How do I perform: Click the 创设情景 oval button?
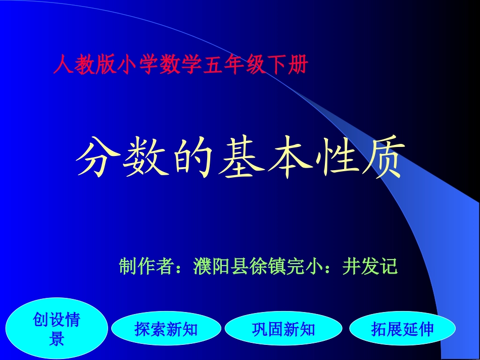pyautogui.click(x=57, y=329)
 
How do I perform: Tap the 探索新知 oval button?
pyautogui.click(x=166, y=330)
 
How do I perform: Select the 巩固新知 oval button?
pyautogui.click(x=283, y=330)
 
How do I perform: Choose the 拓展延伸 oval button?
pyautogui.click(x=403, y=330)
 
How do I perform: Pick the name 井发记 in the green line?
pyautogui.click(x=370, y=266)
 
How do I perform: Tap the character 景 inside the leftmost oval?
pyautogui.click(x=57, y=339)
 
